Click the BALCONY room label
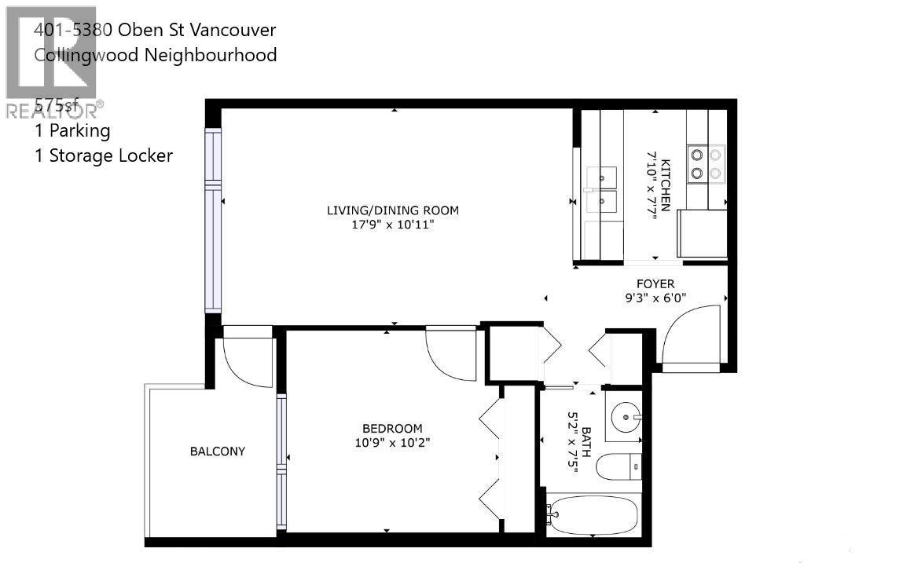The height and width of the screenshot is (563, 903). pos(218,451)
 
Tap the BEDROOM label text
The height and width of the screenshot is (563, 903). pos(391,428)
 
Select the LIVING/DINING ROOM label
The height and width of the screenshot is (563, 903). pos(393,210)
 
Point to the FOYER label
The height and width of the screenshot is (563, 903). pos(655,283)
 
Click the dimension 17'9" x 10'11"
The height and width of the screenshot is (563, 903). pos(393,225)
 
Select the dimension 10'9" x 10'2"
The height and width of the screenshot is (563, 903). pos(391,442)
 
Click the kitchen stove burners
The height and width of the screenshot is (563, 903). pos(706,163)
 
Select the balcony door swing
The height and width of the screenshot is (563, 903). pos(247,361)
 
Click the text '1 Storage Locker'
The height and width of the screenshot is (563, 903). pos(103,155)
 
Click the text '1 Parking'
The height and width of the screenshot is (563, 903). pos(72,130)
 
